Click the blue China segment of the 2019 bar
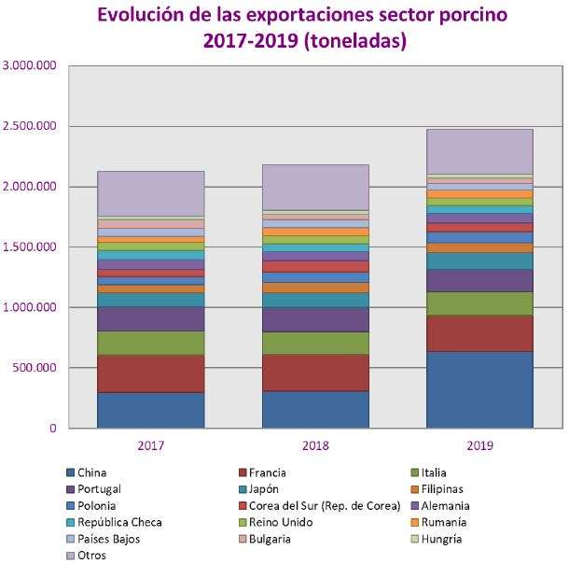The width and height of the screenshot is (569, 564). (479, 389)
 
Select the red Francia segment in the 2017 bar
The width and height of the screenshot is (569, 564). (150, 374)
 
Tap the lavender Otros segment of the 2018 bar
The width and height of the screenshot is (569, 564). (315, 187)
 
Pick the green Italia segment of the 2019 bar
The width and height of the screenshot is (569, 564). (479, 303)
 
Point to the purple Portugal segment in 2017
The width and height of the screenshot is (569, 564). (150, 318)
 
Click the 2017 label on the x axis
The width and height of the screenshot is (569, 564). (150, 445)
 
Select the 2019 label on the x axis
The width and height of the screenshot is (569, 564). (479, 445)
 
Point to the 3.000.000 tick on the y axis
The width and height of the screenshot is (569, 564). (31, 65)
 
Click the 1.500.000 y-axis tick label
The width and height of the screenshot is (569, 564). (31, 247)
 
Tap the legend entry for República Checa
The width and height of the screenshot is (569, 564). (119, 522)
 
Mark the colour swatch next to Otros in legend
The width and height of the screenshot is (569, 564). (70, 556)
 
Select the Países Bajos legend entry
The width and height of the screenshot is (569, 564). (111, 539)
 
